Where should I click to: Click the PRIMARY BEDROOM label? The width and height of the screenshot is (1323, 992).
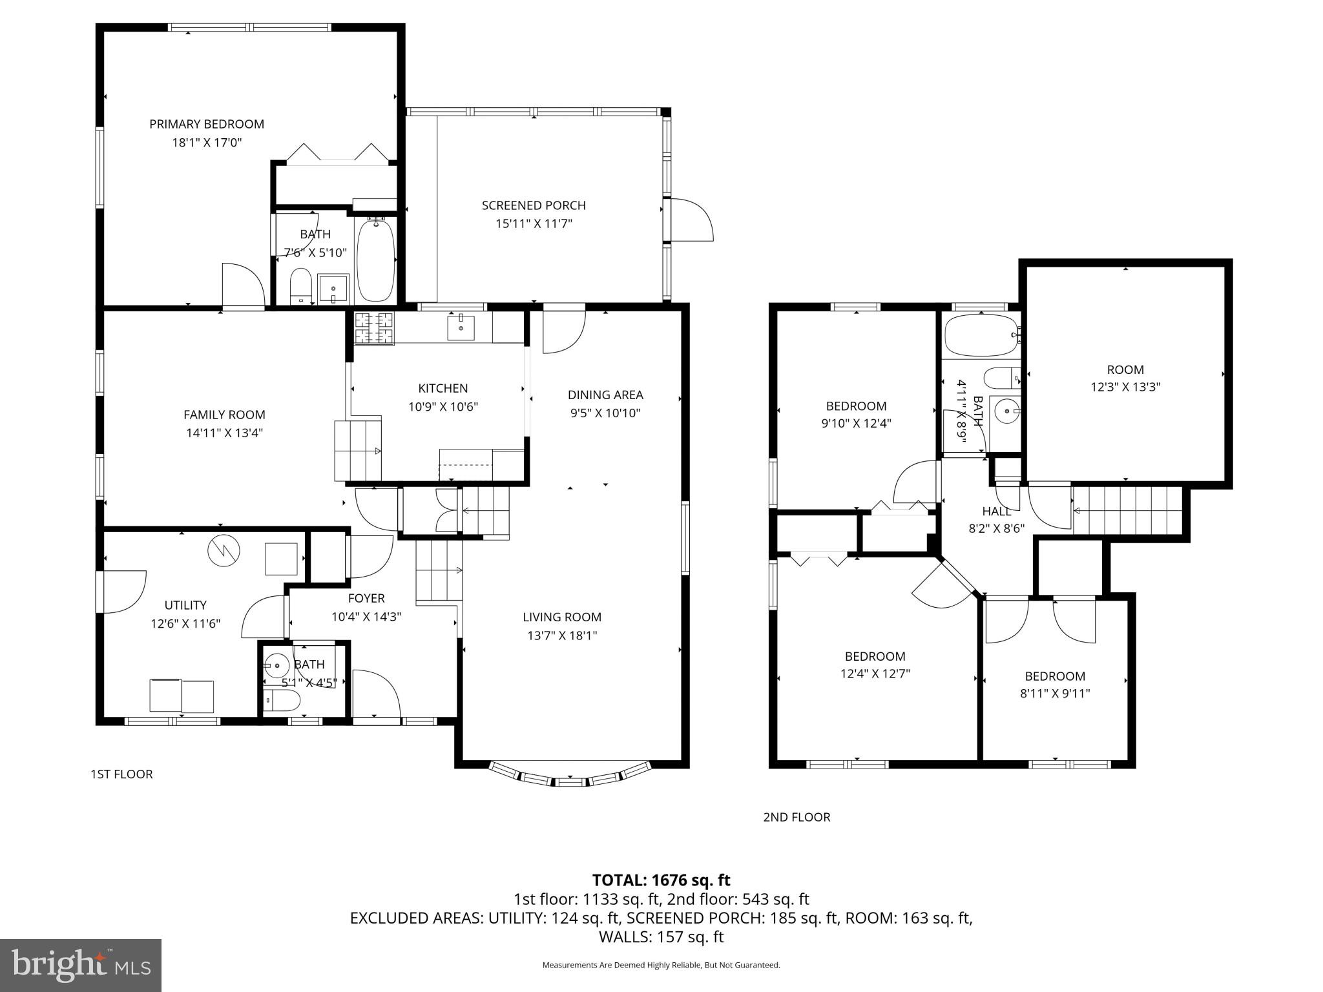(x=207, y=124)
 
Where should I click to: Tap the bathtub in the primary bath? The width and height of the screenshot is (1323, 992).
(x=376, y=259)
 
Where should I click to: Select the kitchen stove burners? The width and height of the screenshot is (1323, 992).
(x=374, y=327)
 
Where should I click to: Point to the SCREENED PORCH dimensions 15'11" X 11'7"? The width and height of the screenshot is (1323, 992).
(x=534, y=224)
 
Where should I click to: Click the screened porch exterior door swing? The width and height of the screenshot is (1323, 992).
(x=691, y=220)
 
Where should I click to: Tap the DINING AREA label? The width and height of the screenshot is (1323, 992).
(x=605, y=395)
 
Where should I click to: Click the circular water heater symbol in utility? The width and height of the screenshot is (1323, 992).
(x=224, y=550)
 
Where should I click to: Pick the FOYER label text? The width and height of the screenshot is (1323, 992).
(x=366, y=599)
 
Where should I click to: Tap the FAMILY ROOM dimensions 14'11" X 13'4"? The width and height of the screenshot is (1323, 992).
(x=224, y=433)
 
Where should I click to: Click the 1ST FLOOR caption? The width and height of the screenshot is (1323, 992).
(x=121, y=774)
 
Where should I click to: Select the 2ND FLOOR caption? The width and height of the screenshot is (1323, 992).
(x=797, y=817)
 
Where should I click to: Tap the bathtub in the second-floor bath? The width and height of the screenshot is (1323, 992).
(x=981, y=335)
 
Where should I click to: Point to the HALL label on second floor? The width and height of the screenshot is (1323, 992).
(x=996, y=512)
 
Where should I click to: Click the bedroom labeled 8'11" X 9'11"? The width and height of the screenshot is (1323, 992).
(x=1054, y=685)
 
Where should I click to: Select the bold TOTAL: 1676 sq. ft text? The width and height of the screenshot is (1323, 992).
(x=661, y=880)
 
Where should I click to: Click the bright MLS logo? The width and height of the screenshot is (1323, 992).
(x=81, y=965)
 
